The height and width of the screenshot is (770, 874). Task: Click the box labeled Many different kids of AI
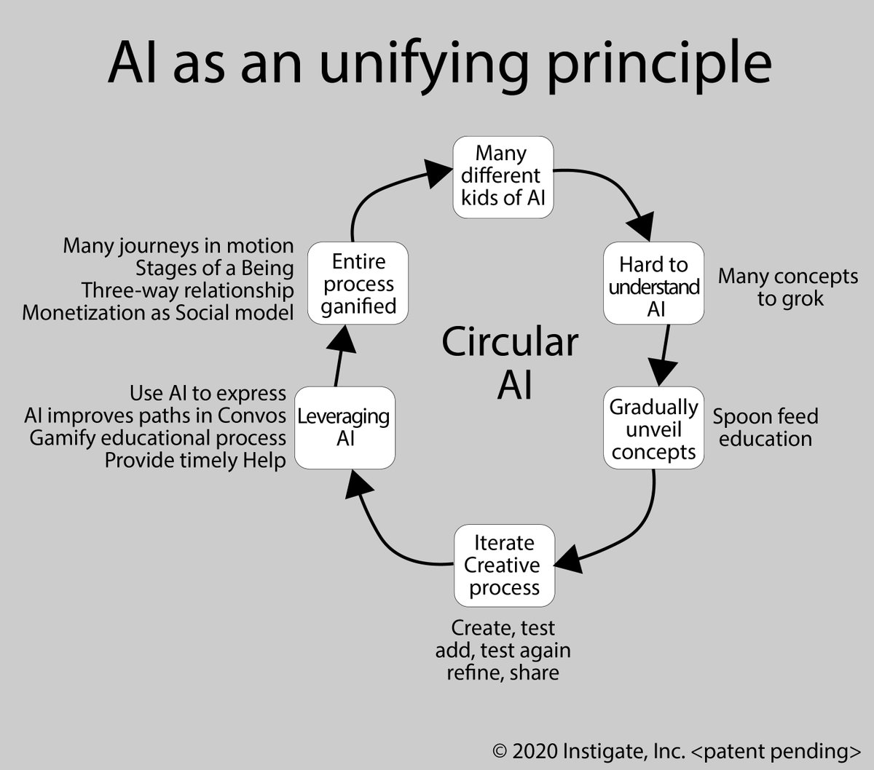click(x=503, y=175)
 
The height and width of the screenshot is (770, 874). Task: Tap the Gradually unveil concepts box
click(x=653, y=429)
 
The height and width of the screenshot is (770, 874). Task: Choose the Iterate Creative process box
click(x=504, y=565)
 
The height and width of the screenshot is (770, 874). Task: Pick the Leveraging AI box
click(x=344, y=428)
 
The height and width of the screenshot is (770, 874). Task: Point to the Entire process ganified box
click(x=358, y=284)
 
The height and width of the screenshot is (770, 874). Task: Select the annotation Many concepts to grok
click(x=788, y=287)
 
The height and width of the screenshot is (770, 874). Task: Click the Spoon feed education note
click(x=765, y=428)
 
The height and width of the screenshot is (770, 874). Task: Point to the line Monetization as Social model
click(x=158, y=313)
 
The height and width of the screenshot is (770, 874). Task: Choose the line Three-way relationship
click(x=187, y=290)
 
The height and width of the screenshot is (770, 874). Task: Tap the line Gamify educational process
click(x=157, y=438)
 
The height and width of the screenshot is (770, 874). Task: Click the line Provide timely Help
click(x=195, y=461)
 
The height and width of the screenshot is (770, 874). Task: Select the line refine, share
click(x=503, y=672)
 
